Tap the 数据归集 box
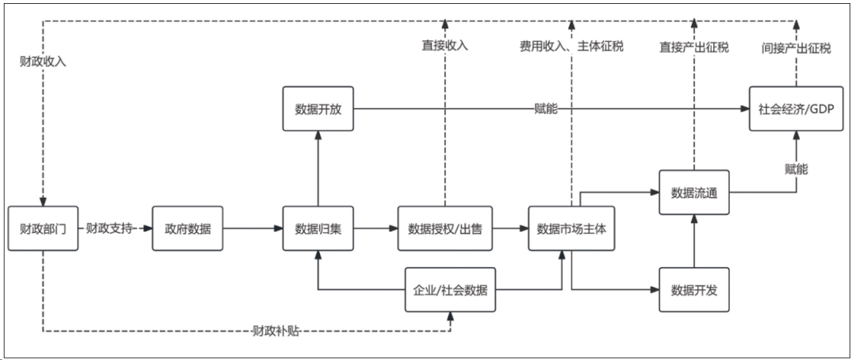(317, 228)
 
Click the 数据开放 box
(317, 109)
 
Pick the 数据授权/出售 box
(444, 228)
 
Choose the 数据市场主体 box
(570, 228)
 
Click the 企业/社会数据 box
(451, 289)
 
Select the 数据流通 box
(693, 192)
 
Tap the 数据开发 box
(693, 289)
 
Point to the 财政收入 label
(43, 61)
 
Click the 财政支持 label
(108, 228)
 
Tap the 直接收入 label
(444, 46)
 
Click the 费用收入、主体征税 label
(571, 46)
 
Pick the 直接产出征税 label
(693, 46)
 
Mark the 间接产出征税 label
(796, 46)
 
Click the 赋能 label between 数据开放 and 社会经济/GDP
(546, 109)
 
